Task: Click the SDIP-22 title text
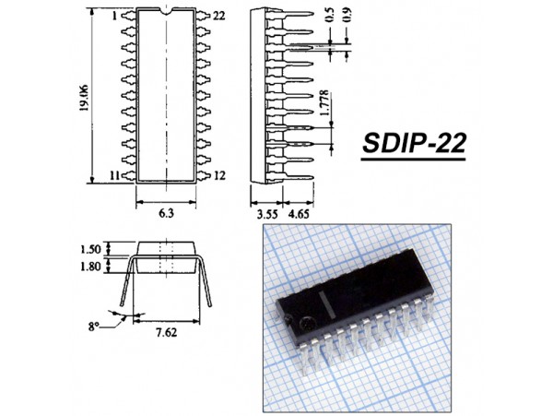414,143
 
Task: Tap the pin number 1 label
114,16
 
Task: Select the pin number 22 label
219,16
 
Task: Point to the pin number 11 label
114,175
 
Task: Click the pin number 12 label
219,175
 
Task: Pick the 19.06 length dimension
84,98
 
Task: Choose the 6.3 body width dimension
166,213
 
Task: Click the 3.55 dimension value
267,214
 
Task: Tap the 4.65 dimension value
299,214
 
